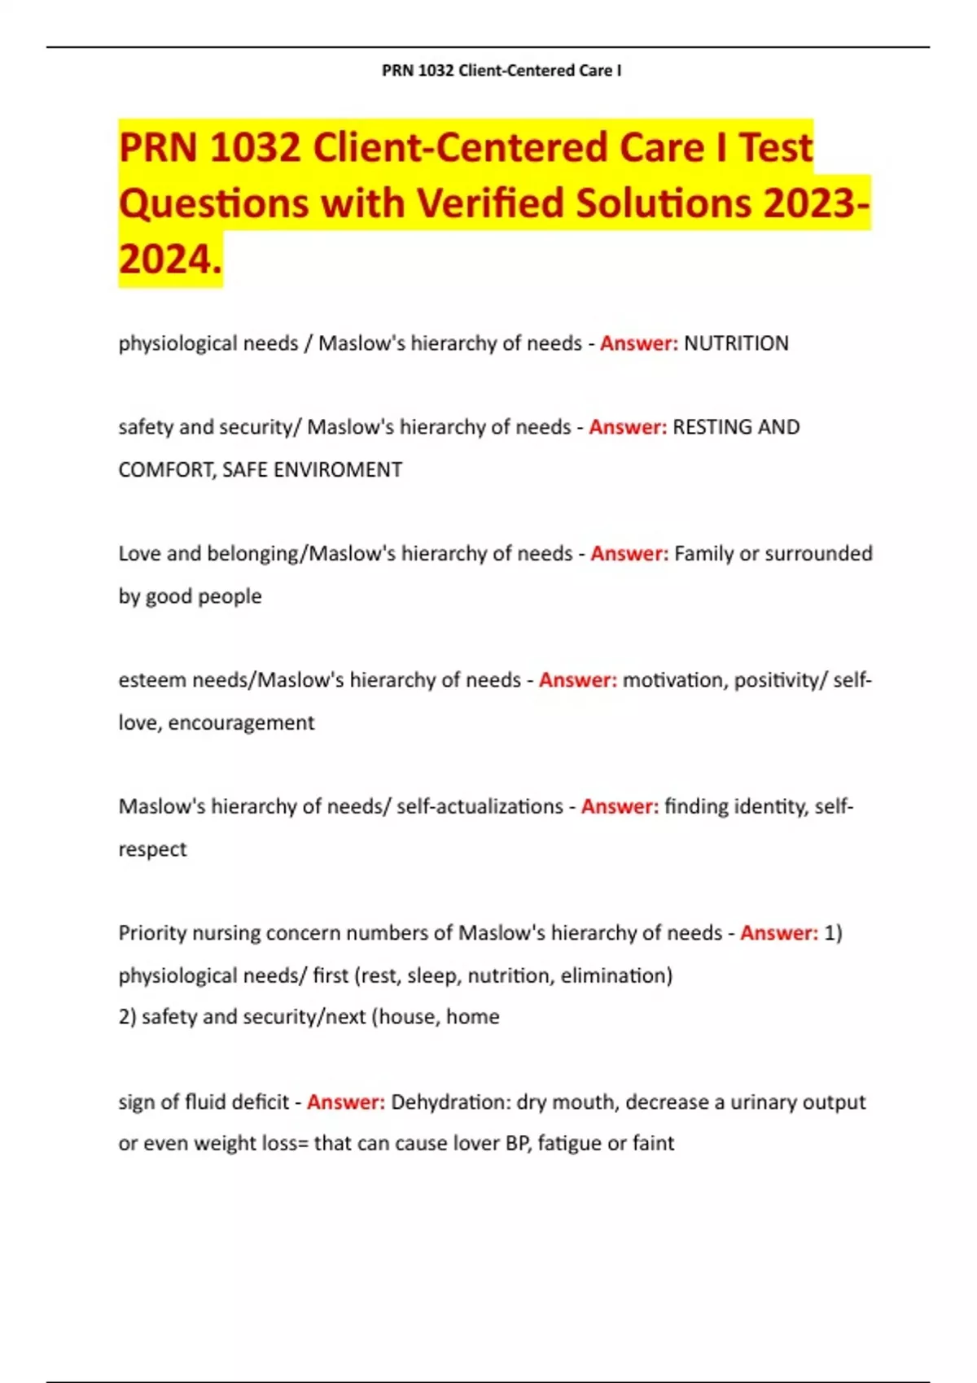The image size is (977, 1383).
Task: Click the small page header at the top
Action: tap(502, 71)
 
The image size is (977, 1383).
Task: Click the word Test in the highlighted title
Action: tap(776, 148)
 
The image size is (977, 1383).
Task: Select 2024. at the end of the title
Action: tap(170, 260)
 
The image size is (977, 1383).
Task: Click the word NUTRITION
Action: tap(736, 344)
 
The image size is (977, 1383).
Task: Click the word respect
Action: tap(152, 849)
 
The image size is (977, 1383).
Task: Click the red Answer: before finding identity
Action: tap(620, 807)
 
